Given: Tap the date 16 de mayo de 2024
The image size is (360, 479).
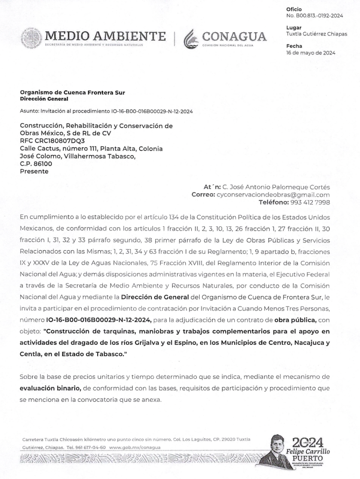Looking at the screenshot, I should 310,53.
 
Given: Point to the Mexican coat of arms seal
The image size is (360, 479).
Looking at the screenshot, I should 31,38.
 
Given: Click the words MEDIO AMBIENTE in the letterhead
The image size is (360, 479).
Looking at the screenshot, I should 105,36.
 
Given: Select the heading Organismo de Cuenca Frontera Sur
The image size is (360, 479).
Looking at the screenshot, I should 72,93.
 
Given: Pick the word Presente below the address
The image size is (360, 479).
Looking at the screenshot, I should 34,172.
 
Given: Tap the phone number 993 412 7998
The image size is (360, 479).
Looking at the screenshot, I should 309,202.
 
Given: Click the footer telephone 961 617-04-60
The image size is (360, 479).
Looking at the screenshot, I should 89,447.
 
